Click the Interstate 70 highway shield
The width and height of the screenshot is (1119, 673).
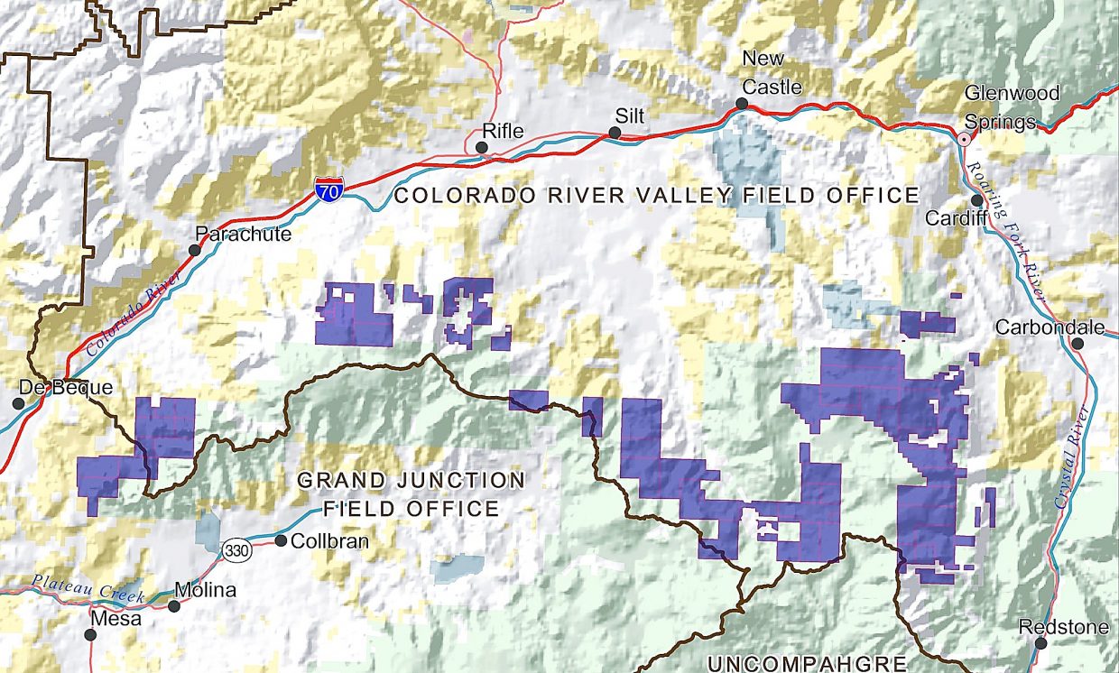tap(328, 190)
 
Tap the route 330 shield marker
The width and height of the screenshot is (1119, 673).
tap(238, 552)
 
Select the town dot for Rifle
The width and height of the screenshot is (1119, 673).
tap(482, 147)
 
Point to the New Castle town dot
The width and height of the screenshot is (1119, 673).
tap(741, 104)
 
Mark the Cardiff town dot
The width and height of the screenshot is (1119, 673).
tap(977, 200)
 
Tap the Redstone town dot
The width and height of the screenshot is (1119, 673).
tap(1041, 643)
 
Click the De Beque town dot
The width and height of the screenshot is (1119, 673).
tap(18, 402)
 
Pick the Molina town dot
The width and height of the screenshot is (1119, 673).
tap(174, 606)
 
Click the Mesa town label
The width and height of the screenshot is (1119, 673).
tap(116, 620)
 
